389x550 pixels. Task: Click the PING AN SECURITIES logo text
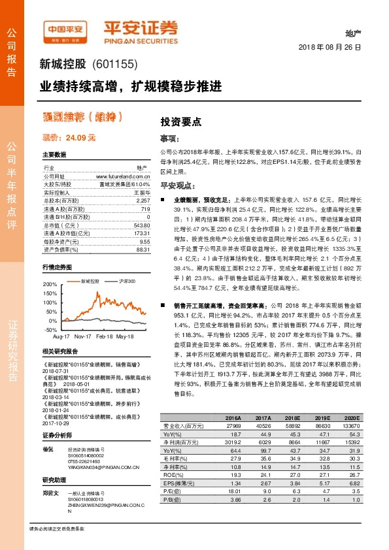click(x=140, y=37)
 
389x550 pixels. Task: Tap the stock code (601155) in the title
click(x=112, y=64)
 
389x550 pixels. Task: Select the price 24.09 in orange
click(x=77, y=138)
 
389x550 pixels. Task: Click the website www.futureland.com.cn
click(x=123, y=176)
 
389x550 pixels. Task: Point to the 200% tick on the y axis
click(x=50, y=285)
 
